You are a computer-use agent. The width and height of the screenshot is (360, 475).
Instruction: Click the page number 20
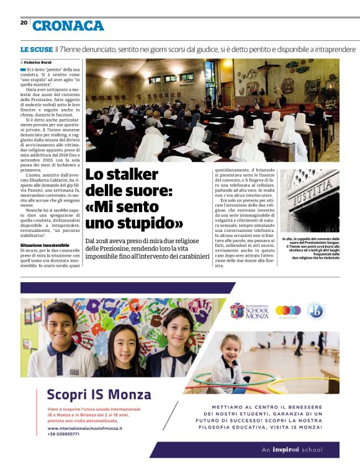[24, 23]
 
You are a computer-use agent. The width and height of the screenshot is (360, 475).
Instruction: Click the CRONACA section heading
[68, 25]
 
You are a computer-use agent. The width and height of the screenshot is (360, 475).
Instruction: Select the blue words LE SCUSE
[36, 49]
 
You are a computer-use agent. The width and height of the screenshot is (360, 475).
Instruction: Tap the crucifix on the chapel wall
[269, 66]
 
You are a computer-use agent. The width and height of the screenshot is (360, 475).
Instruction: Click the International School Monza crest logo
[236, 310]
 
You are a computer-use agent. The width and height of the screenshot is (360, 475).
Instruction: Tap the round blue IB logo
[316, 310]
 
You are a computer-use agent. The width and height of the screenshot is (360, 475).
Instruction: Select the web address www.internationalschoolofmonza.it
[84, 428]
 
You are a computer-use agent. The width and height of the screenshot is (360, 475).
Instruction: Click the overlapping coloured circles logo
[287, 310]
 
